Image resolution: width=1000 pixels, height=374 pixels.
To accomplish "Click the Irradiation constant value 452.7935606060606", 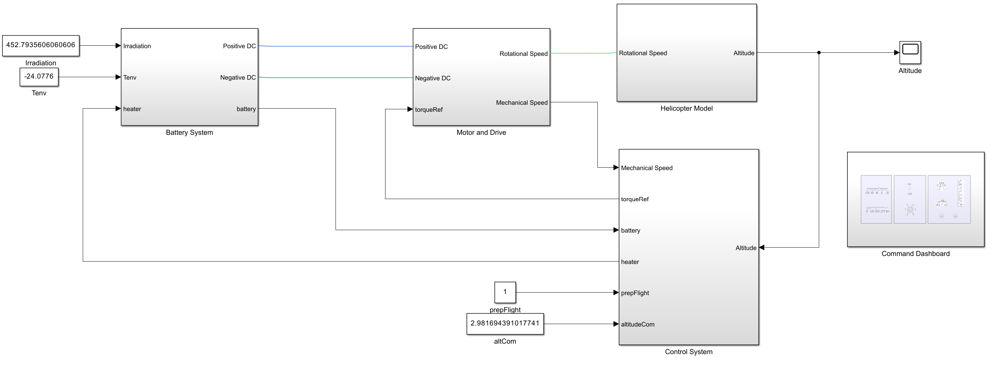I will click(x=41, y=45).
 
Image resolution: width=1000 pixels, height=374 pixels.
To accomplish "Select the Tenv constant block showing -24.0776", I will click(x=39, y=76).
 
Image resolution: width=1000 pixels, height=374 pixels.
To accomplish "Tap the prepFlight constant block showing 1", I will click(x=505, y=292).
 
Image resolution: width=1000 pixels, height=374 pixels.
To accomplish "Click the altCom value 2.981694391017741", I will click(x=505, y=323).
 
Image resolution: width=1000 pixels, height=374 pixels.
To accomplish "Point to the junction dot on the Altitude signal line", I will click(x=819, y=52).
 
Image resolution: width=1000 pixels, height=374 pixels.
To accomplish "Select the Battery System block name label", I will click(x=190, y=132).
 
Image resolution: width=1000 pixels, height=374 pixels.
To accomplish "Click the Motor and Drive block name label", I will click(x=481, y=132).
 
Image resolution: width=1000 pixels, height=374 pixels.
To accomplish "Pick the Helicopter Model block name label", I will click(x=687, y=108).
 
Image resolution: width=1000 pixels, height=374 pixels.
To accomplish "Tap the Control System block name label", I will click(x=689, y=352).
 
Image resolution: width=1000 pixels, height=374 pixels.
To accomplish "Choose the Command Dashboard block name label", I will click(x=916, y=254).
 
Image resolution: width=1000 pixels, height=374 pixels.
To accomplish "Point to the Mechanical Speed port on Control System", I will click(x=647, y=168).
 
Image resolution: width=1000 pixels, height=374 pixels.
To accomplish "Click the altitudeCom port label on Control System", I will click(x=638, y=324).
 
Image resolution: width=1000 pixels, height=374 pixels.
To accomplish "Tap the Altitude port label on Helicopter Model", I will click(x=744, y=53).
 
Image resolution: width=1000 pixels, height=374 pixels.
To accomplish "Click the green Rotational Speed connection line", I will click(x=582, y=53).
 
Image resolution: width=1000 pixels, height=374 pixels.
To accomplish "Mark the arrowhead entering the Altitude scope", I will click(x=897, y=52).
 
